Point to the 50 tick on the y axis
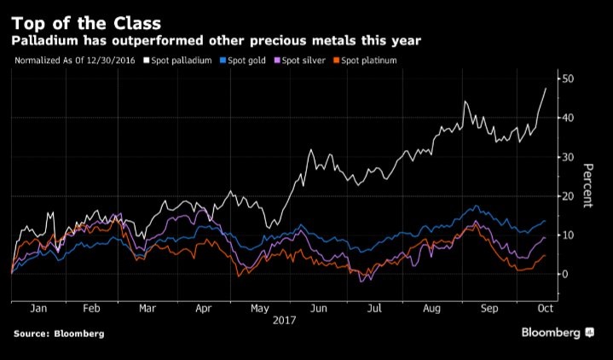[567, 78]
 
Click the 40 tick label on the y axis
[567, 118]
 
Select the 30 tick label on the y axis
[567, 157]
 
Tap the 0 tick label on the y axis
[564, 274]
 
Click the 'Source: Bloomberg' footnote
[59, 334]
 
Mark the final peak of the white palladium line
[546, 88]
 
